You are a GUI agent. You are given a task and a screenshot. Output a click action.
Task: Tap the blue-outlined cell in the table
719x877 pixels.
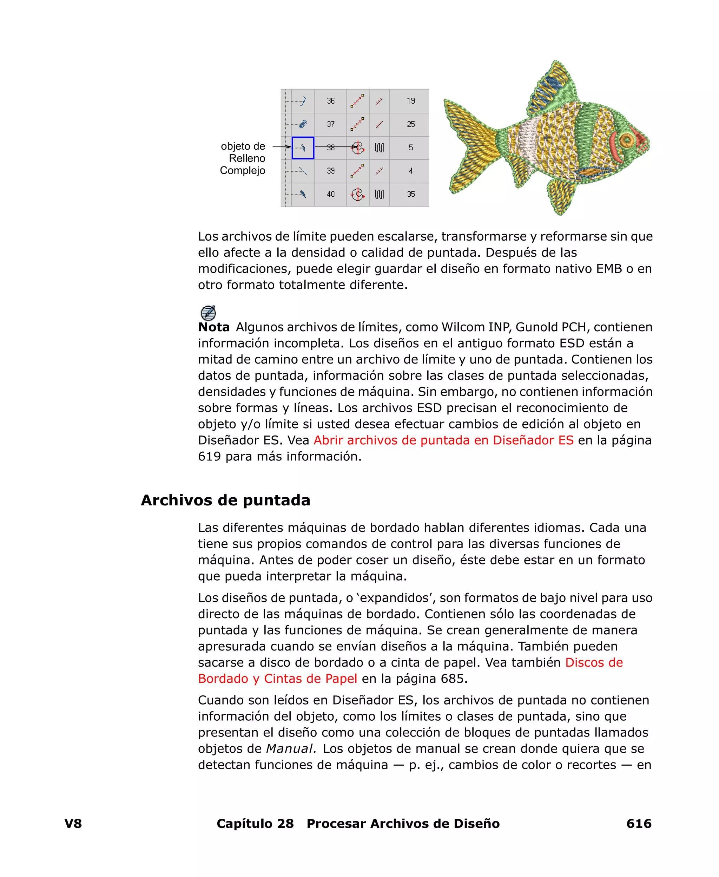coord(303,148)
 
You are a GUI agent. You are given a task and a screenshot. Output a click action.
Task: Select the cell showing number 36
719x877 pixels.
coord(330,101)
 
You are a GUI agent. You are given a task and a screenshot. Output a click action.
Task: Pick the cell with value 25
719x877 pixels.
coord(410,124)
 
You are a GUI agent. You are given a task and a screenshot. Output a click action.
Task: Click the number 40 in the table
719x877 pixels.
coord(330,194)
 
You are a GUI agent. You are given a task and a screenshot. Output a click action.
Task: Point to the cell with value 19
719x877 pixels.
coord(410,101)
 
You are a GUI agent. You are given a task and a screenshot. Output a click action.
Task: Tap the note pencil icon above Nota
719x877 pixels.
coord(208,313)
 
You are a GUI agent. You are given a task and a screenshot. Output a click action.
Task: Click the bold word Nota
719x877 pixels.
coord(214,327)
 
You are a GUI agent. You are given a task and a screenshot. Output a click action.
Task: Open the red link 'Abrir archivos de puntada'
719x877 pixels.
coord(443,440)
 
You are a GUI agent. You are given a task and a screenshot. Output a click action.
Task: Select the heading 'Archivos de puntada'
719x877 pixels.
coord(225,500)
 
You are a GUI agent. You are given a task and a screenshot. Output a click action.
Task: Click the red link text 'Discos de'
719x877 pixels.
coord(594,662)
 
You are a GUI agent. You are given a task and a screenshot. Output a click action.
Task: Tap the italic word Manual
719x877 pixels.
coord(291,748)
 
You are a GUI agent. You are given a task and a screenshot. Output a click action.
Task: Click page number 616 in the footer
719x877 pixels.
coord(639,824)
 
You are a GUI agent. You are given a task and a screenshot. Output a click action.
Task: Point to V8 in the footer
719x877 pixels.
coord(73,824)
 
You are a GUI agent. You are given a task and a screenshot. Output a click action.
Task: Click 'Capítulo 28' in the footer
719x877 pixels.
coord(255,824)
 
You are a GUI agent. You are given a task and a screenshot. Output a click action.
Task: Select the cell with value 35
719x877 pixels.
coord(410,194)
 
